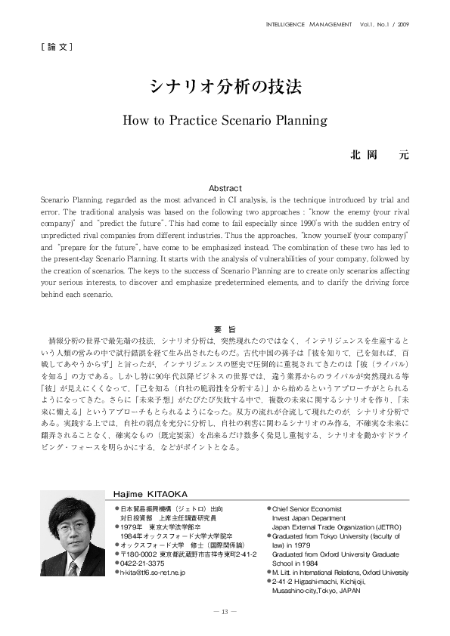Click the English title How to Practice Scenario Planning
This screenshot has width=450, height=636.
[225, 120]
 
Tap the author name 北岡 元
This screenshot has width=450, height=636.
[378, 155]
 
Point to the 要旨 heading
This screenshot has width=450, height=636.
[225, 329]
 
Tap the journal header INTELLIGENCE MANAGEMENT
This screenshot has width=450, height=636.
[309, 23]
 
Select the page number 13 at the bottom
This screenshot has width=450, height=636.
[225, 610]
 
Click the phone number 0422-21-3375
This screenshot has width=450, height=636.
[143, 563]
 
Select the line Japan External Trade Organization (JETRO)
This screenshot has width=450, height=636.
[337, 527]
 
